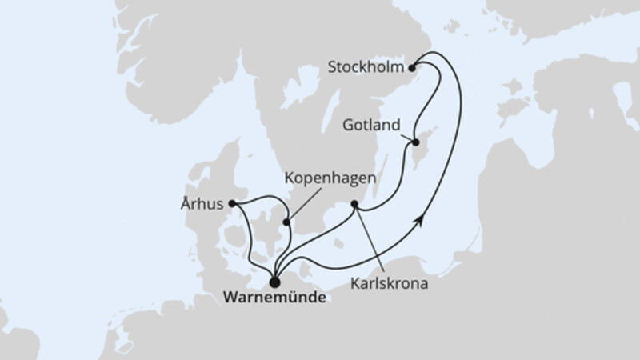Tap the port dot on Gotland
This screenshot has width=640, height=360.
point(416,143)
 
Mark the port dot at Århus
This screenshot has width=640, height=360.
point(232,204)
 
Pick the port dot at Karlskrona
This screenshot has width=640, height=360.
point(355,204)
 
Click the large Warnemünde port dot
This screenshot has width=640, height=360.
point(274,282)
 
